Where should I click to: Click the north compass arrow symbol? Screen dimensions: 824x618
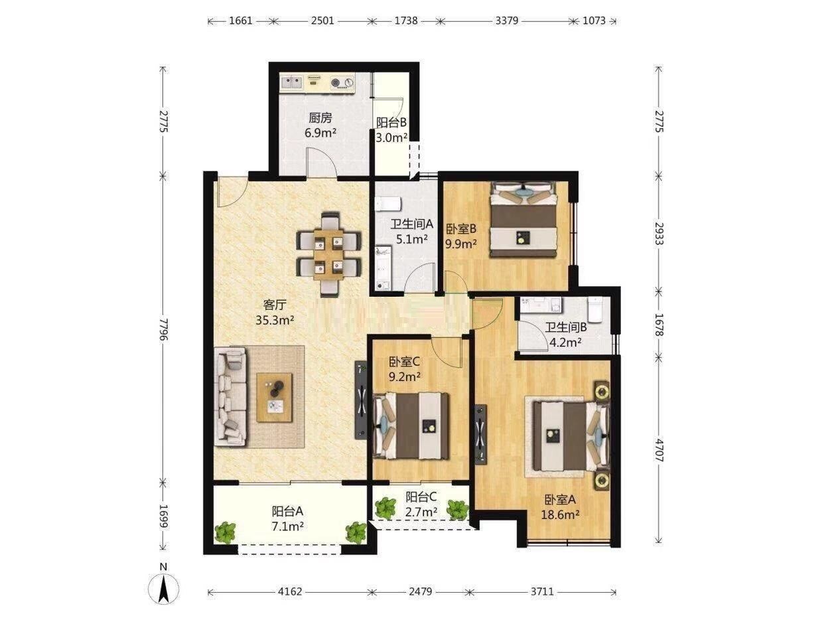[x=163, y=589]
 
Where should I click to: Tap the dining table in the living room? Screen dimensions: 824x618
[x=329, y=254]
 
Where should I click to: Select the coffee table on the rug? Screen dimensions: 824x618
[x=274, y=398]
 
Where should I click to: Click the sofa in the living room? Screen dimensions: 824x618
[x=230, y=396]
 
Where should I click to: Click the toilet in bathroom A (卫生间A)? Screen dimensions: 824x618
[x=388, y=204]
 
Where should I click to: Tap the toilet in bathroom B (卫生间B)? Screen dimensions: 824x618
[x=594, y=310]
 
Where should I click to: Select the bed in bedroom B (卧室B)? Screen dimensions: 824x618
[x=523, y=220]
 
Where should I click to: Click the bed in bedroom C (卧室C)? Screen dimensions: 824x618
[x=411, y=425]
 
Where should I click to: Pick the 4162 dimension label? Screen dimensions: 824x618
[x=290, y=591]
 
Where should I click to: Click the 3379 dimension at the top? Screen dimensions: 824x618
[x=506, y=21]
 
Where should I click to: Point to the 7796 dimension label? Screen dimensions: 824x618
[x=163, y=329]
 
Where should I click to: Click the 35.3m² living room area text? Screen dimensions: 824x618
[x=275, y=320]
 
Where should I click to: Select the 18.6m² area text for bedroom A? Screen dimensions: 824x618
[x=560, y=514]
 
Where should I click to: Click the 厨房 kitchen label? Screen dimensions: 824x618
[x=320, y=118]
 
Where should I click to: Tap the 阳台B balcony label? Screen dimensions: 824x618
[x=391, y=122]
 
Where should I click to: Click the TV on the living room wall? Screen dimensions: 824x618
[x=361, y=400]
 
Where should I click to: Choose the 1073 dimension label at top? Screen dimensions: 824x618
[x=594, y=21]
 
